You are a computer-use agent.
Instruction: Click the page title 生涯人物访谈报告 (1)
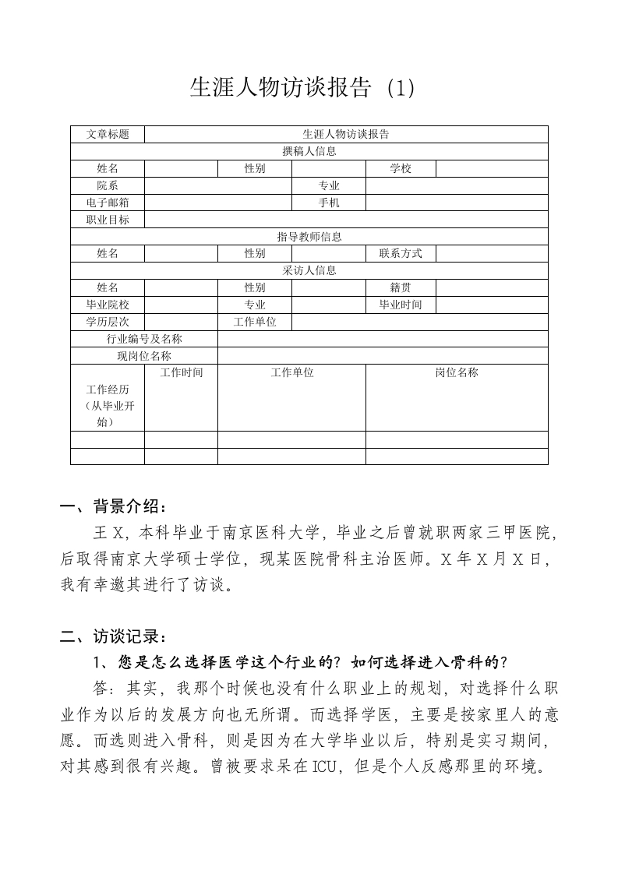(302, 88)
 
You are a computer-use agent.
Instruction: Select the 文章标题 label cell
(108, 134)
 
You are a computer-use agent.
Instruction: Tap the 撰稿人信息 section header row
(309, 151)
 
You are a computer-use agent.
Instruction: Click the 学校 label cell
(401, 168)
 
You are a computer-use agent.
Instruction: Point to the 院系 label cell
(108, 185)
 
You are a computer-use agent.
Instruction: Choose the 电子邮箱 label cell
(108, 203)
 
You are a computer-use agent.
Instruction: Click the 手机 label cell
(329, 203)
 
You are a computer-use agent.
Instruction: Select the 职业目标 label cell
(108, 220)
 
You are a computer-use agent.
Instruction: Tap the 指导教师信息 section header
(309, 237)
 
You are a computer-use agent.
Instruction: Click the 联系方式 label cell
(401, 253)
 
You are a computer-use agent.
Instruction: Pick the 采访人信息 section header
(309, 270)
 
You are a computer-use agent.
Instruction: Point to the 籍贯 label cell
(401, 287)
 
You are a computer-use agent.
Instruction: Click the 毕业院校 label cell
(108, 305)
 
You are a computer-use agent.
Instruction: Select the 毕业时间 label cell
(401, 305)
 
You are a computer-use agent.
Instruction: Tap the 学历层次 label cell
(108, 322)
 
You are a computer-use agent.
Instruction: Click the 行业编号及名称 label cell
(144, 339)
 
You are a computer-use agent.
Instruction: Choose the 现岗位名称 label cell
(144, 356)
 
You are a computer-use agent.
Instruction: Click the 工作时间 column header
(181, 373)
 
